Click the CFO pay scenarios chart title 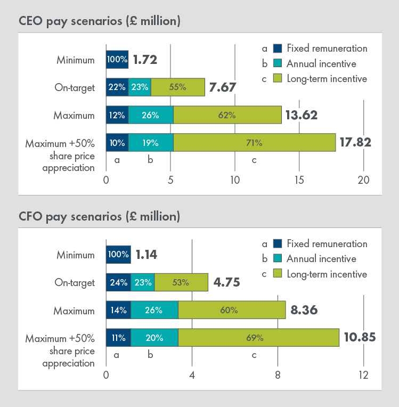(99, 217)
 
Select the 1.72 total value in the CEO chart (145, 59)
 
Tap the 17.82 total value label (355, 142)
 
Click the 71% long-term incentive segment (254, 142)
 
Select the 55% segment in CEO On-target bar (177, 87)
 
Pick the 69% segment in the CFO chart (258, 337)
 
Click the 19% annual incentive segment (150, 142)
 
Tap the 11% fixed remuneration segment (118, 337)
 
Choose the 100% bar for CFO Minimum (118, 255)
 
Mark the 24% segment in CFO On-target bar (118, 283)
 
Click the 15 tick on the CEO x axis (299, 180)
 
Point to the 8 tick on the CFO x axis (278, 375)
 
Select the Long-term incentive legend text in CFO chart (327, 274)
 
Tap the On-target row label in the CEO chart (75, 87)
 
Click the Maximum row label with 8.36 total (75, 311)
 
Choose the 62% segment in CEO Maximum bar (227, 115)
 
